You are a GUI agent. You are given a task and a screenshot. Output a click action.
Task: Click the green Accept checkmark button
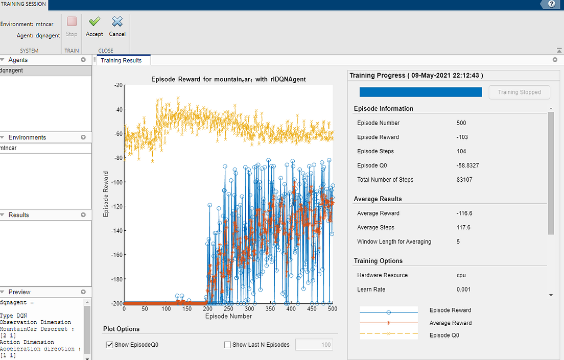94,27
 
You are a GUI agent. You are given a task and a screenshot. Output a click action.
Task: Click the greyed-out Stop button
72,27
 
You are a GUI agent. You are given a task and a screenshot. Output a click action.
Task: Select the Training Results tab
121,60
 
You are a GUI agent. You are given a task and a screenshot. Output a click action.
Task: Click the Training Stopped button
519,92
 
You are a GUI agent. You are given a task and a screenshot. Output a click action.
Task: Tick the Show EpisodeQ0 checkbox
109,345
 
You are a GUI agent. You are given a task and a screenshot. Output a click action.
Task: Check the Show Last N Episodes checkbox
228,345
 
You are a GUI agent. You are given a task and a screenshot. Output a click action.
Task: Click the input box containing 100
314,345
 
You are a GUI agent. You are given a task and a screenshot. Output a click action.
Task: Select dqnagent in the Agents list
12,70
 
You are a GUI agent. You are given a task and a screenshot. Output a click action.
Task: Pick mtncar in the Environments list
9,148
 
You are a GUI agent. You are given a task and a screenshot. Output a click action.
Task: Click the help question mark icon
551,4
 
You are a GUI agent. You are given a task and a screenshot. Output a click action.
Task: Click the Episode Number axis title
228,316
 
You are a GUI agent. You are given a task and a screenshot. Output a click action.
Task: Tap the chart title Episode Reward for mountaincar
228,80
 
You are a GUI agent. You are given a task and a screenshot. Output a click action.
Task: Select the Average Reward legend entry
450,323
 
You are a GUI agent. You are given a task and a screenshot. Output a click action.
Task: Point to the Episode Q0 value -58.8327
469,165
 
